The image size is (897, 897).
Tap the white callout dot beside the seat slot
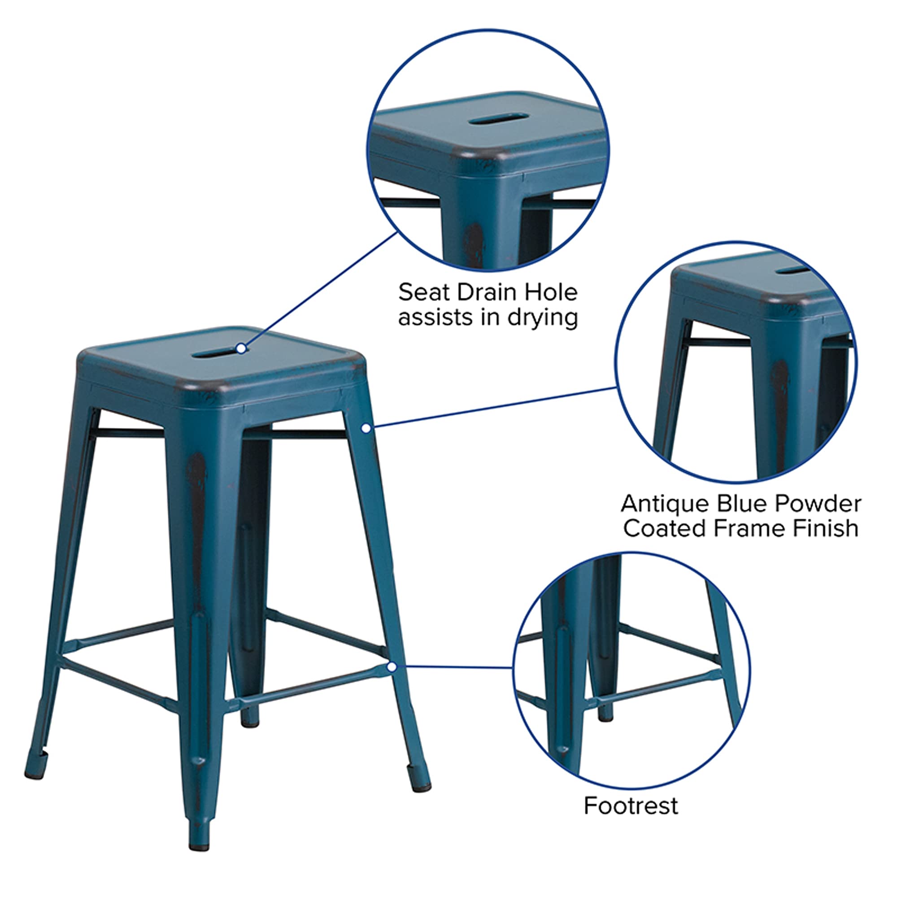[x=241, y=348]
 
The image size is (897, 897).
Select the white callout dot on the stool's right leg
[x=366, y=428]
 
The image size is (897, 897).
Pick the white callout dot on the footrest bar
[x=392, y=667]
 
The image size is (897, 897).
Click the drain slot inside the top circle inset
[x=498, y=119]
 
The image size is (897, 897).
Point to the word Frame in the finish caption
[x=749, y=528]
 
